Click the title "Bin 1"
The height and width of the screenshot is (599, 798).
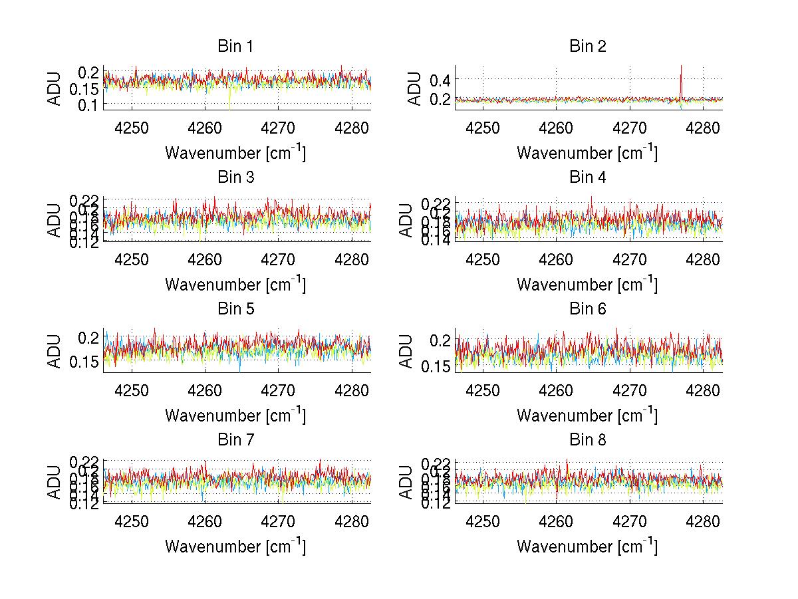pyautogui.click(x=235, y=47)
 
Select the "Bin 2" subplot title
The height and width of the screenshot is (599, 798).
pyautogui.click(x=588, y=47)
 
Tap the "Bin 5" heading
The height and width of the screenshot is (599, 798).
pyautogui.click(x=235, y=309)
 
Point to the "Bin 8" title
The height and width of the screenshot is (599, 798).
pyautogui.click(x=588, y=440)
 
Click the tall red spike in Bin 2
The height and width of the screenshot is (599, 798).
pyautogui.click(x=681, y=80)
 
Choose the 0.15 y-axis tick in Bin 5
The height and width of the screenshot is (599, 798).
pyautogui.click(x=84, y=362)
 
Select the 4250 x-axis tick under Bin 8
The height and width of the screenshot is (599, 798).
pyautogui.click(x=483, y=521)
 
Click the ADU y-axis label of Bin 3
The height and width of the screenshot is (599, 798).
pyautogui.click(x=55, y=220)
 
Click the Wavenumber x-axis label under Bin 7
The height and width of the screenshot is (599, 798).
pyautogui.click(x=235, y=546)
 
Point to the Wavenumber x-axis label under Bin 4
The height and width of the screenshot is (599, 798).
pyautogui.click(x=587, y=284)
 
